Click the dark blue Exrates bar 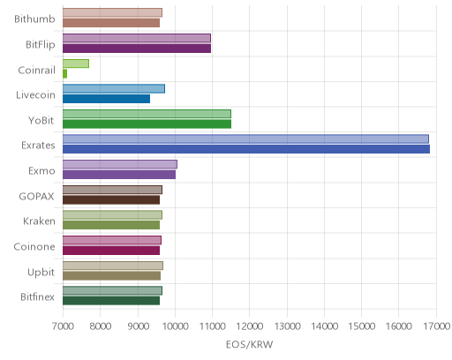tap(246, 149)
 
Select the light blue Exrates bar tap(245, 139)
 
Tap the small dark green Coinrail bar tap(64, 73)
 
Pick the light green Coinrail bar tap(76, 64)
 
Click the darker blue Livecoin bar tap(106, 99)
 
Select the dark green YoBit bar tap(147, 124)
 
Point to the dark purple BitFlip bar tap(137, 49)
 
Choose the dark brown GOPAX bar tap(111, 200)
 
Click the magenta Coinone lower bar tap(111, 251)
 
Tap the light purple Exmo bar tap(120, 164)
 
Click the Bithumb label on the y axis tap(34, 19)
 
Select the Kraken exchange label tap(39, 221)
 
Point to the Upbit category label tap(41, 273)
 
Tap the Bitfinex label tap(37, 296)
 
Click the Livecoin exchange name tap(35, 94)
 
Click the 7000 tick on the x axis tap(63, 326)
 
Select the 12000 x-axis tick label tap(250, 326)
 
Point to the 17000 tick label tap(437, 326)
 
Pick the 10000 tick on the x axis tap(175, 326)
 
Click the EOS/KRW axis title tap(250, 344)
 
